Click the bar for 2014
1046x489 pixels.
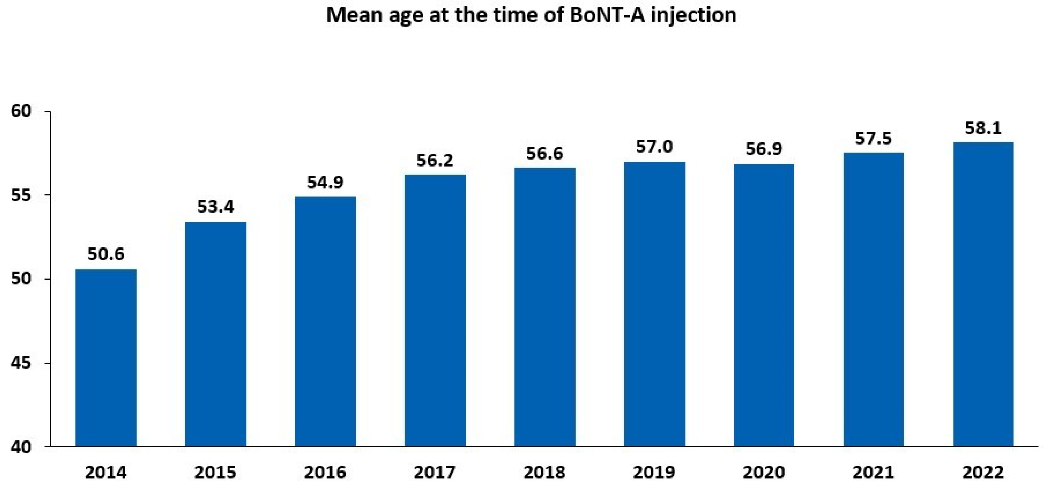point(106,358)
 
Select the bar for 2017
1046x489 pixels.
point(435,311)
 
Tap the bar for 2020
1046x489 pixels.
point(764,305)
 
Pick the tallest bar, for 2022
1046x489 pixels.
point(983,295)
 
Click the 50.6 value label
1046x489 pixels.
point(106,254)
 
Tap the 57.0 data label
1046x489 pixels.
point(654,147)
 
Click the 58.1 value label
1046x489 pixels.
point(983,128)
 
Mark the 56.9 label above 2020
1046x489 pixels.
point(764,149)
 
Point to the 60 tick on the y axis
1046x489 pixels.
point(21,111)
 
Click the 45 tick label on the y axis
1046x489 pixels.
point(21,363)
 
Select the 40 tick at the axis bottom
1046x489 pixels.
point(21,447)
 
